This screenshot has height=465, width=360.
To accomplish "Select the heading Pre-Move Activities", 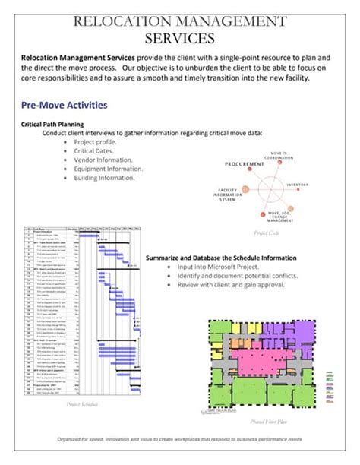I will pos(64,105).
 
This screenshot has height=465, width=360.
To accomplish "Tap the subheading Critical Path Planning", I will pos(52,123).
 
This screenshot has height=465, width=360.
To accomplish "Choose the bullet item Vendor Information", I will pos(103,160).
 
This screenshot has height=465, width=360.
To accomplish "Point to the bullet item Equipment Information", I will pos(109,169).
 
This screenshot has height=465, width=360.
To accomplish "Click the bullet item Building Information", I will pos(105,178).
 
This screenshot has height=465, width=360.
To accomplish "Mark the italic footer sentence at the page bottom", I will pos(180,438).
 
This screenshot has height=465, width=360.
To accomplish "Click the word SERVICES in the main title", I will pos(180,37).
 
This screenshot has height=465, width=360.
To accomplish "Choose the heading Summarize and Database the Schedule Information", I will pos(220,258).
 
